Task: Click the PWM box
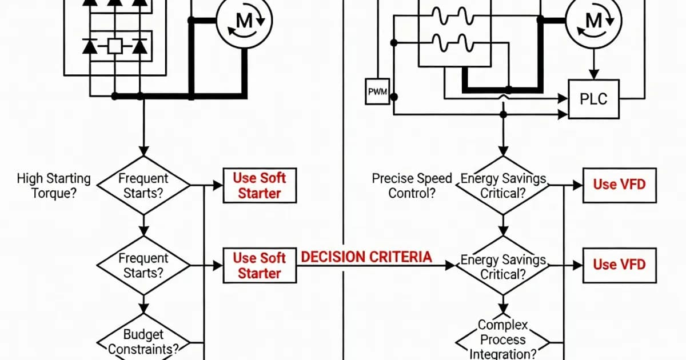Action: (x=377, y=92)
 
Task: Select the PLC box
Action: (x=593, y=98)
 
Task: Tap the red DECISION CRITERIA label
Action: (x=366, y=257)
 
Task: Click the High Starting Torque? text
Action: (x=54, y=185)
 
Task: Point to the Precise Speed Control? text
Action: (x=412, y=185)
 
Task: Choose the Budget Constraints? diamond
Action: (x=143, y=342)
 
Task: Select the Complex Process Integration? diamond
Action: (x=503, y=340)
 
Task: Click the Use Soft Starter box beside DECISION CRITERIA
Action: (x=260, y=266)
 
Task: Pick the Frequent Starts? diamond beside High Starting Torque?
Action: (x=143, y=185)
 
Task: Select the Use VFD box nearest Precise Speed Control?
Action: (x=619, y=185)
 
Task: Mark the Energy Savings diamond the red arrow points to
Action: (x=503, y=266)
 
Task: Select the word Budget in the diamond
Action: (x=143, y=334)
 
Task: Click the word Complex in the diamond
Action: (x=503, y=326)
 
